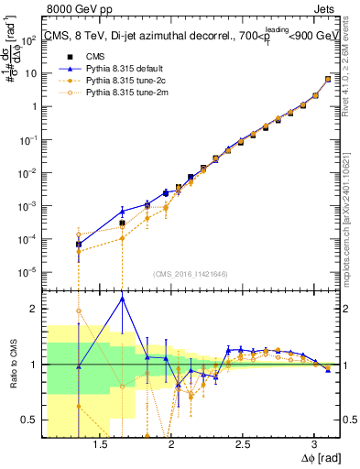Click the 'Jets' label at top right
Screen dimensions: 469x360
pyautogui.click(x=328, y=8)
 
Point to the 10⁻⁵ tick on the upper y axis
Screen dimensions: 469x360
pyautogui.click(x=32, y=271)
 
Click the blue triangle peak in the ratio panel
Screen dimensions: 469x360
pyautogui.click(x=122, y=299)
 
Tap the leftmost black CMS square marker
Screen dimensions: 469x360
pyautogui.click(x=79, y=245)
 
